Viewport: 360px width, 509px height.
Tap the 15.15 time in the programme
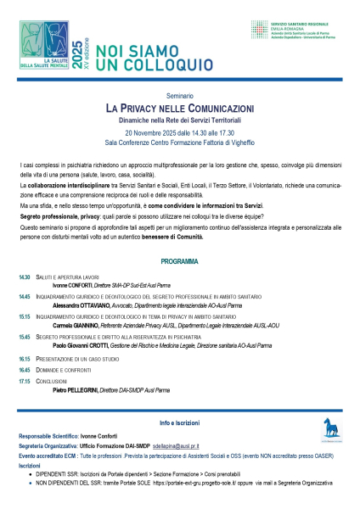[x=25, y=316]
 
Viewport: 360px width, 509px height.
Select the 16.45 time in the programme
[x=25, y=370]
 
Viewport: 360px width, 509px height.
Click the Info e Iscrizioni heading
[x=179, y=422]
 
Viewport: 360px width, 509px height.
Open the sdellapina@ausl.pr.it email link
[x=177, y=445]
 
